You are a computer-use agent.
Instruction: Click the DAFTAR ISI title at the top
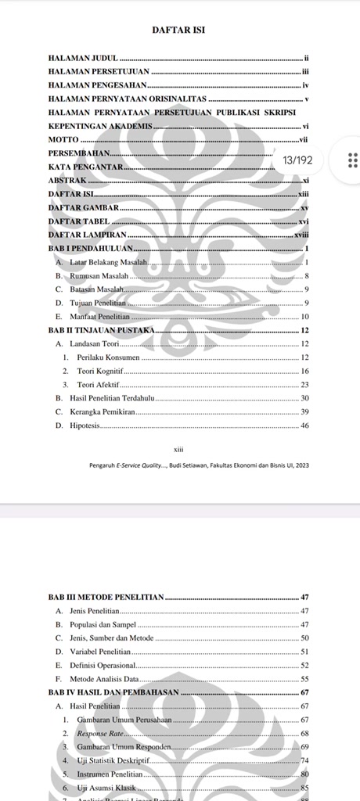[179, 31]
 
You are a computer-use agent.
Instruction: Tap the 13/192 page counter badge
[297, 160]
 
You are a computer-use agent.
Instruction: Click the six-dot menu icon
[352, 160]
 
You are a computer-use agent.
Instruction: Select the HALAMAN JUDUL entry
[83, 59]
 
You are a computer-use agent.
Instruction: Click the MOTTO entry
[63, 139]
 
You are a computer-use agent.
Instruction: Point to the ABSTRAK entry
[67, 180]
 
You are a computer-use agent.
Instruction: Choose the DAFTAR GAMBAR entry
[83, 208]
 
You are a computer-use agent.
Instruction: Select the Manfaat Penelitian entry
[97, 316]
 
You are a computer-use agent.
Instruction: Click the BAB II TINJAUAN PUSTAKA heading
[101, 330]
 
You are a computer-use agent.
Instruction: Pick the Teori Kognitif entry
[99, 371]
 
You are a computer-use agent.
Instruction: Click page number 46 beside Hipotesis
[305, 426]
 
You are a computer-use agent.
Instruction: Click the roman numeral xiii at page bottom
[178, 450]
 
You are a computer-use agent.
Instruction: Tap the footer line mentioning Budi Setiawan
[199, 465]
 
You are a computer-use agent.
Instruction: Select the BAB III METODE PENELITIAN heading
[106, 598]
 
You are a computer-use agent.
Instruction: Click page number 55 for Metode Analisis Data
[305, 679]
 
